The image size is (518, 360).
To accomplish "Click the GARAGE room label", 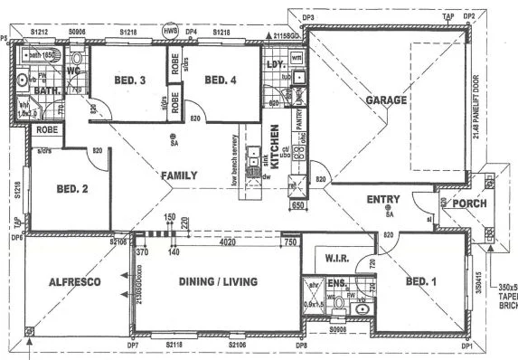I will click(385, 101).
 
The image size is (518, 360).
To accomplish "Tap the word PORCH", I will click(469, 204).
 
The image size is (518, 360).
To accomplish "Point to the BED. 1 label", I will click(421, 282).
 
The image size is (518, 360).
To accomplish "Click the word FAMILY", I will click(179, 175).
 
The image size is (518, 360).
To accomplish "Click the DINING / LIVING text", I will click(219, 282).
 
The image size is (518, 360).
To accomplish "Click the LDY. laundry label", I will click(275, 65).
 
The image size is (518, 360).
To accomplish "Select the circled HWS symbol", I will click(170, 31).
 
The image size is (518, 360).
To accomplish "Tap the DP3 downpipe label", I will click(307, 17).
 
